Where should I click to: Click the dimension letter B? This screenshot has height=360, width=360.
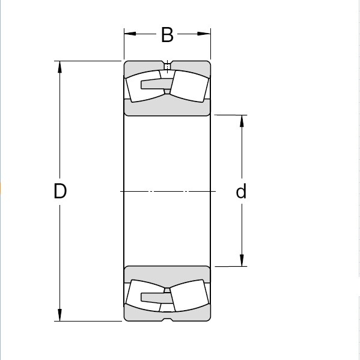(167, 35)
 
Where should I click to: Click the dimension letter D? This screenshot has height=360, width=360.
(59, 191)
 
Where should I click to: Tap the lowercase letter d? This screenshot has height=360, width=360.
(241, 191)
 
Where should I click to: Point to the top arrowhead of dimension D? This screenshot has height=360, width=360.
(59, 66)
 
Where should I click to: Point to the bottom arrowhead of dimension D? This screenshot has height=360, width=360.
(59, 316)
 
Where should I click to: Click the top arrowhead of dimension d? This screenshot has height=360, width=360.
(242, 120)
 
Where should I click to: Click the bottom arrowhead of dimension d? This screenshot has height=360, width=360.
(242, 261)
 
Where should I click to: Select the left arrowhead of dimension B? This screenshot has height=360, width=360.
(129, 35)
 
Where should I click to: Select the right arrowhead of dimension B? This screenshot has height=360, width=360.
(206, 35)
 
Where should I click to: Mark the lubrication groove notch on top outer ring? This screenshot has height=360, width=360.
(167, 63)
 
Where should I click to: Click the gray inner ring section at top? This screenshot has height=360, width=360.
(167, 107)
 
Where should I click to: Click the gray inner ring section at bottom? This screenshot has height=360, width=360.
(167, 274)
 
